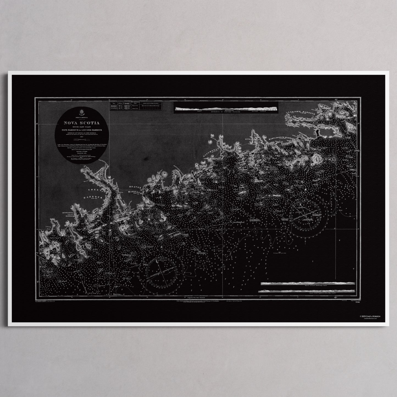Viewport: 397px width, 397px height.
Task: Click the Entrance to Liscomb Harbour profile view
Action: point(225,109)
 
